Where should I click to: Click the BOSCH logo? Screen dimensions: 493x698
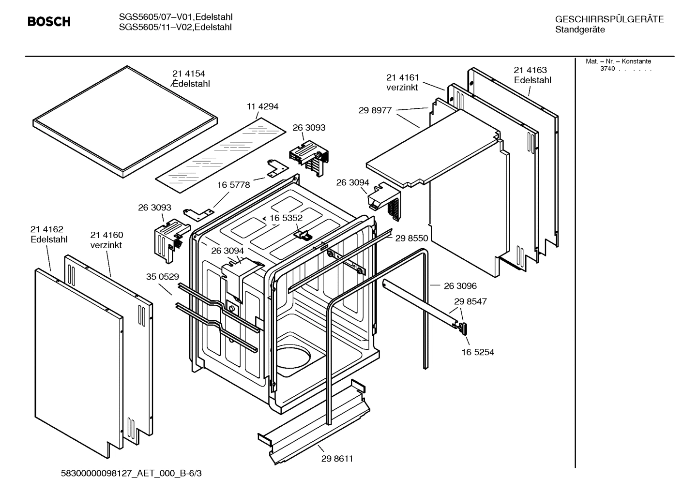pos(49,22)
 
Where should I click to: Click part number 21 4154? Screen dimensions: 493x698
pos(189,74)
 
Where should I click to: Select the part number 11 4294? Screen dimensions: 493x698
pos(262,106)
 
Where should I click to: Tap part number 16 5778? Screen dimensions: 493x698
pos(233,185)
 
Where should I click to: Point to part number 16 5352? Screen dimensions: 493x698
pos(286,218)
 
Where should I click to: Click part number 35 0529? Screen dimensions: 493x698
pos(163,277)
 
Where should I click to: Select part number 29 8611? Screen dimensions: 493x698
pos(337,459)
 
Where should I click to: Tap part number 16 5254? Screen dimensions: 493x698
pos(478,352)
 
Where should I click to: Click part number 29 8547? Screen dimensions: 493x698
pos(470,301)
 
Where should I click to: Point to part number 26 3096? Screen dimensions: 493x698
pos(460,286)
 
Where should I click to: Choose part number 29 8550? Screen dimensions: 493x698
pos(411,238)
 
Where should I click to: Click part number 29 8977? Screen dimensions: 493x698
pos(375,110)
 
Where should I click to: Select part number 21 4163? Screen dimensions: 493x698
pos(531,70)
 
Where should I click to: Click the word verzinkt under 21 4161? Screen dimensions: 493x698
pos(402,88)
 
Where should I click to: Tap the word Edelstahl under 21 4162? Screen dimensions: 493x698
pos(49,239)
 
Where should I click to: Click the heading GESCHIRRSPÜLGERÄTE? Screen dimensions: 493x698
pos(609,19)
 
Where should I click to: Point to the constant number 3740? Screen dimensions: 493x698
pos(607,69)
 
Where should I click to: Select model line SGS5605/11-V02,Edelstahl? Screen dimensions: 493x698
pos(175,28)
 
